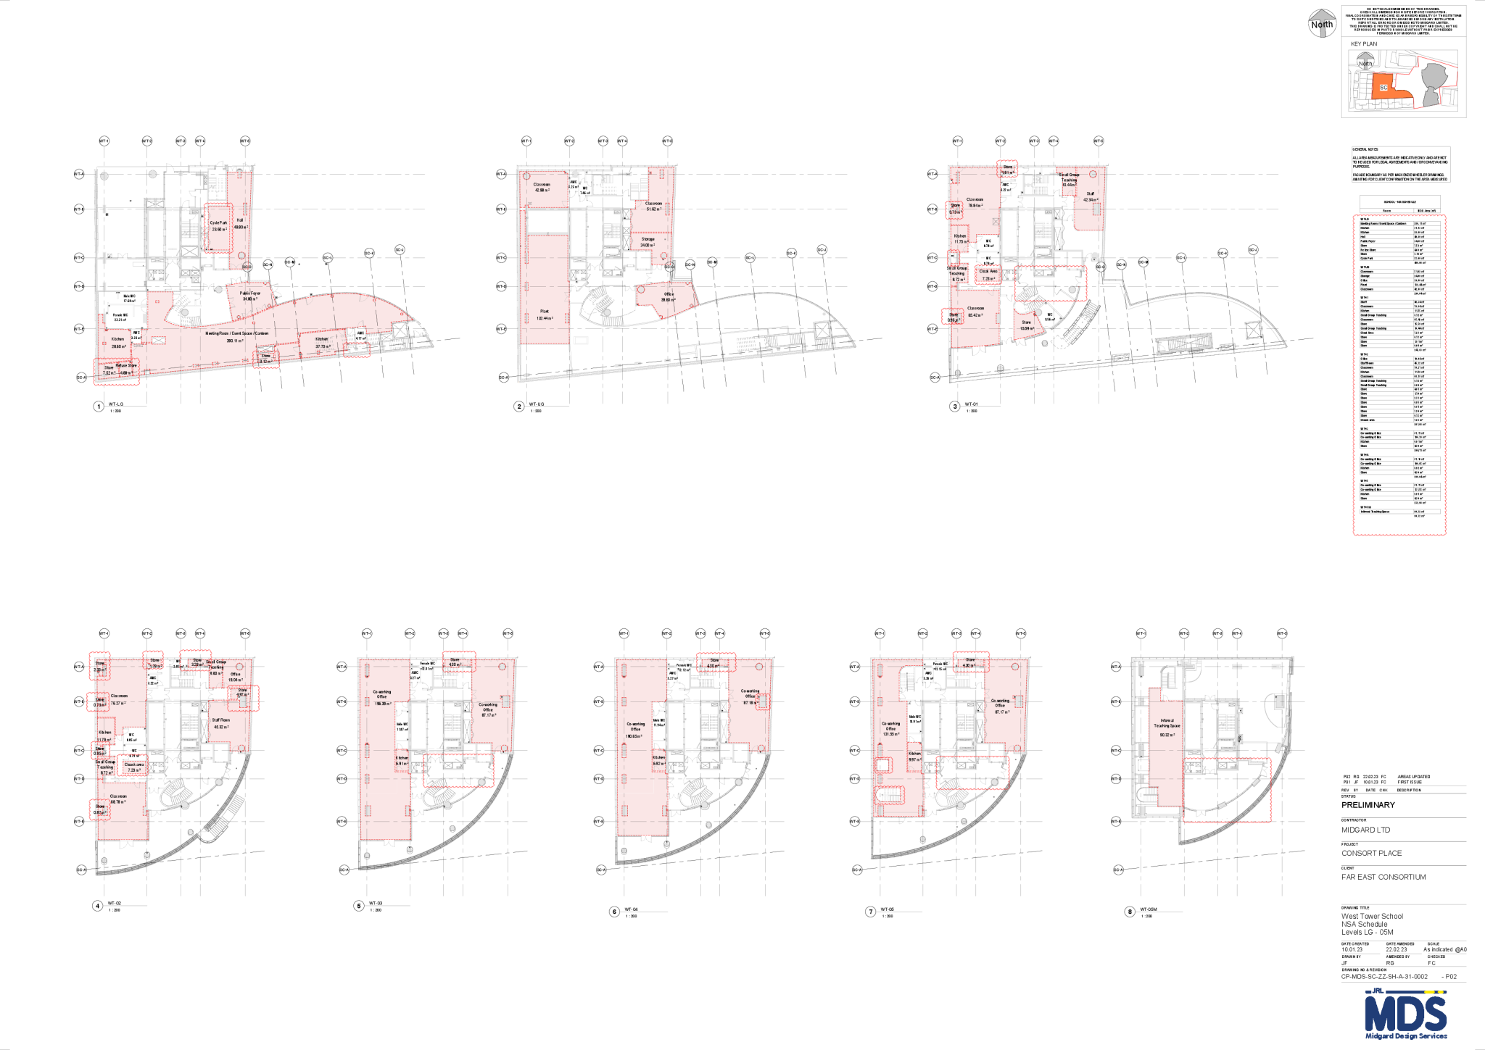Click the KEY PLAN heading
point(1363,44)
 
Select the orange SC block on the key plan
point(1383,87)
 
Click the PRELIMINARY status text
point(1368,805)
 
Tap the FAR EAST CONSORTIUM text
point(1383,877)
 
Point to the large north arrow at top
point(1322,22)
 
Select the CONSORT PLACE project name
point(1371,853)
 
